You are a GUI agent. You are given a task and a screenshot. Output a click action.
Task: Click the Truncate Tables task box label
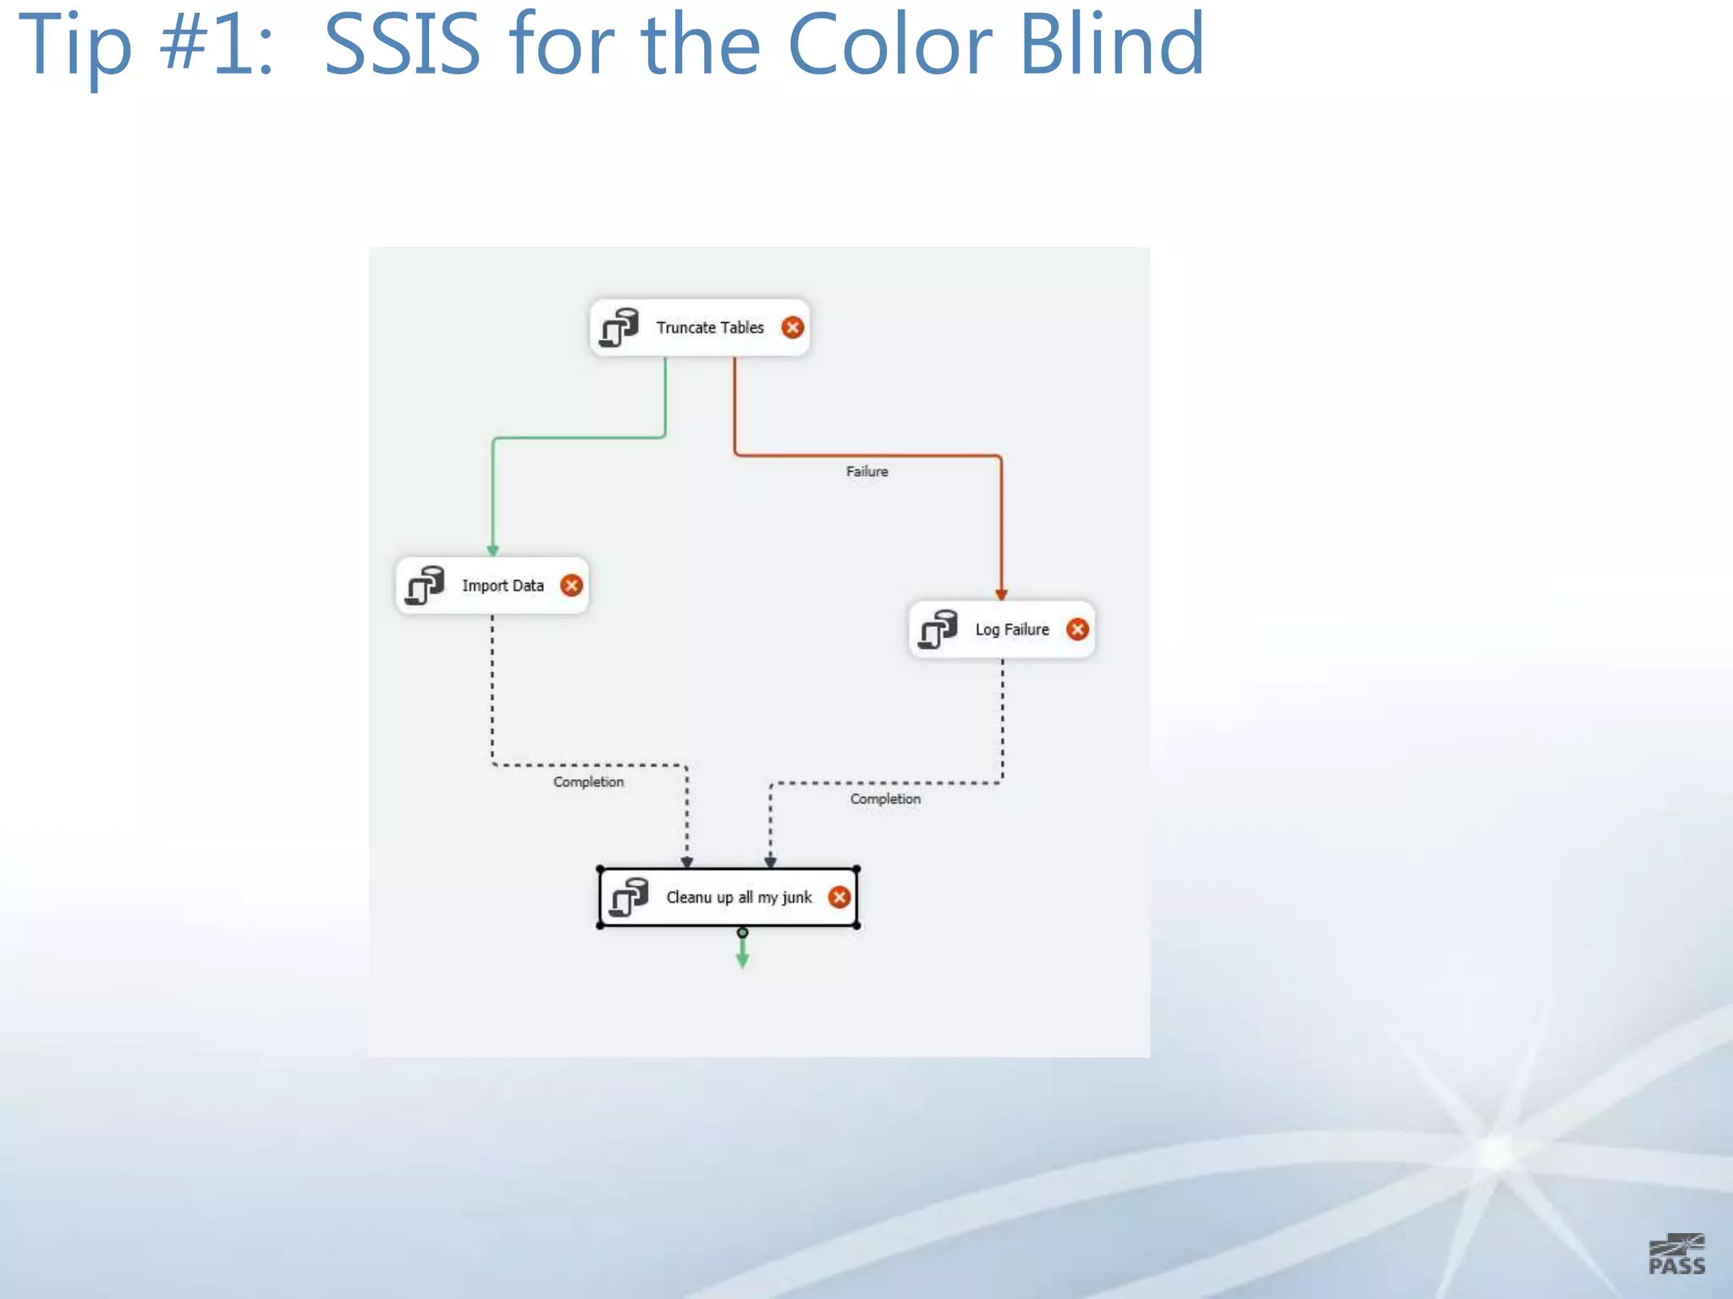[x=709, y=327]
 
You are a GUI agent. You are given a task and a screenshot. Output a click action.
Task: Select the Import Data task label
[x=503, y=585]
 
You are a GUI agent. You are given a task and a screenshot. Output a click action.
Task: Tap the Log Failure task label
[x=1011, y=629]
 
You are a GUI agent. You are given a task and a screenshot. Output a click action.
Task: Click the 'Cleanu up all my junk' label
[x=738, y=897]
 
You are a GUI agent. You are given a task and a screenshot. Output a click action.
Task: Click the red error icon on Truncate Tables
[x=792, y=327]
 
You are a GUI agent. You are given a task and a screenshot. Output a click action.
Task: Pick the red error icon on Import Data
[x=572, y=585]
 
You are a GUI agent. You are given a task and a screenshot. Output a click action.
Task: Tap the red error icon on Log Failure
[x=1077, y=629]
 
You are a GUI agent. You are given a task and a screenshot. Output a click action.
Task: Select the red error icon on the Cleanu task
[x=839, y=897]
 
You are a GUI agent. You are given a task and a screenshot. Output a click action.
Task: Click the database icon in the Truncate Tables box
[x=619, y=327]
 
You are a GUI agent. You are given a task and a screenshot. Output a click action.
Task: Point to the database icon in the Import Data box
[x=425, y=585]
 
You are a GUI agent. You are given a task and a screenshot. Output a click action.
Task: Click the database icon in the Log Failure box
[x=938, y=629]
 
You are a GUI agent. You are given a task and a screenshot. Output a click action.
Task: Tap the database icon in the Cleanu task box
[x=630, y=897]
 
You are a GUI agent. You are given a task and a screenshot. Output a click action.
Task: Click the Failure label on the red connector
[x=866, y=472]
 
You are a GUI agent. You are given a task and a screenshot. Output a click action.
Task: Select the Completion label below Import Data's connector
[x=588, y=782]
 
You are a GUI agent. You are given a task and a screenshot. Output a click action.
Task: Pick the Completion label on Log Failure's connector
[x=885, y=799]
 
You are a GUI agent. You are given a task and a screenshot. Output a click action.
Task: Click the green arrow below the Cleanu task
[x=742, y=956]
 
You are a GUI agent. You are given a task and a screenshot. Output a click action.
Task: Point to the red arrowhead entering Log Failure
[x=1001, y=595]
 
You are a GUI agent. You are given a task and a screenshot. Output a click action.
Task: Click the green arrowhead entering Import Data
[x=492, y=551]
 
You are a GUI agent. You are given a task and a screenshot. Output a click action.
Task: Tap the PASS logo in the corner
[x=1676, y=1254]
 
